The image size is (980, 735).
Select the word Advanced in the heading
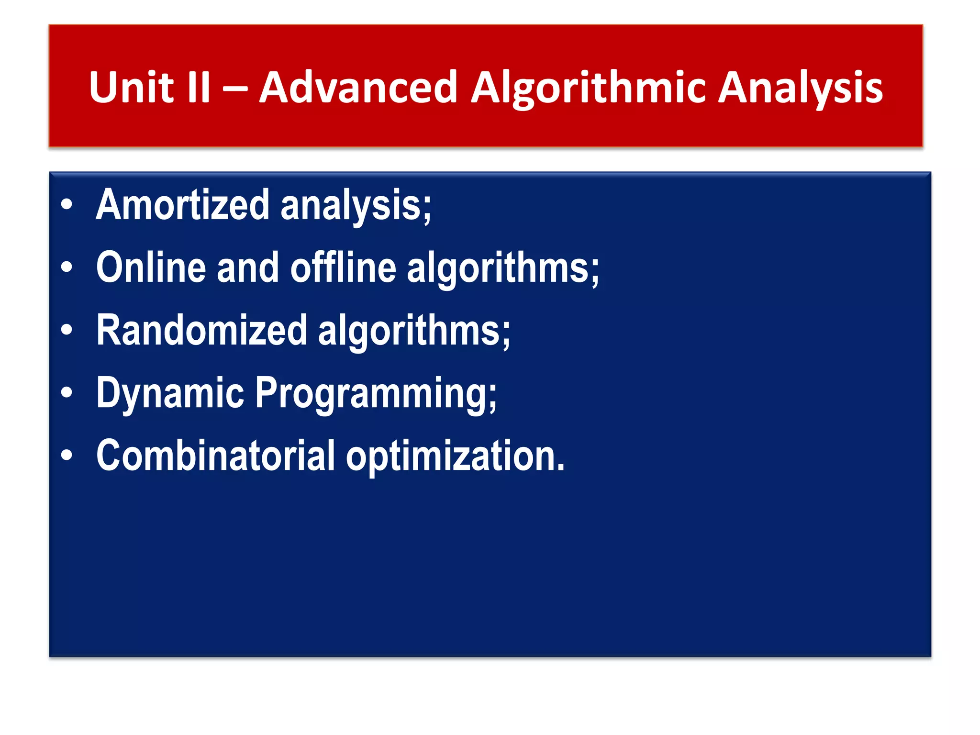point(358,87)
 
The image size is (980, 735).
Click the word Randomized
point(201,330)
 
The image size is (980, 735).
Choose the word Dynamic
point(170,393)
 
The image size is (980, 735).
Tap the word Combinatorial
point(215,455)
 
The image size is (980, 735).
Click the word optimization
point(455,456)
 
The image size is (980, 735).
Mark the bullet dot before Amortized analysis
point(67,205)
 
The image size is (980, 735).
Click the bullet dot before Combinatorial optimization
point(67,455)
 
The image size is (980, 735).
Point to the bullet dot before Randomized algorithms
point(67,330)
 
